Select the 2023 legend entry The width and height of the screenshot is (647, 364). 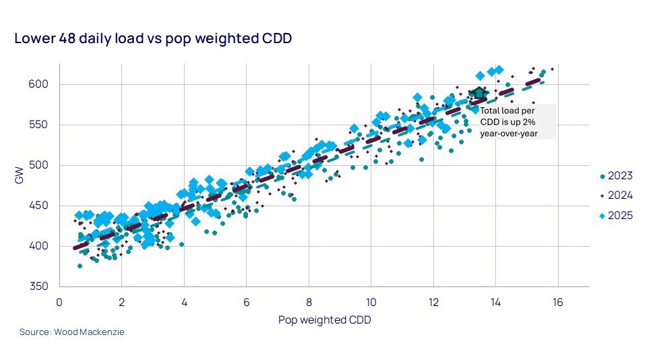(615, 176)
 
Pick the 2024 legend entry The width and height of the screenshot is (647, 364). (615, 196)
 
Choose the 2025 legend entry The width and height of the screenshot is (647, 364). (615, 216)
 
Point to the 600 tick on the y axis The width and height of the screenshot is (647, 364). (44, 84)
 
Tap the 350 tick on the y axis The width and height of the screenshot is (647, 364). (44, 286)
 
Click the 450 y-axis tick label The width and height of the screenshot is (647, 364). (44, 206)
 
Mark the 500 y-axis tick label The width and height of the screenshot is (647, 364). (44, 165)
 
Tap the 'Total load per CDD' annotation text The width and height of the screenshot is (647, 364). (507, 110)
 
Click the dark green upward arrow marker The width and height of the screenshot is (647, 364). (478, 93)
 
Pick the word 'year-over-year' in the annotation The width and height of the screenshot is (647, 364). (508, 133)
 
